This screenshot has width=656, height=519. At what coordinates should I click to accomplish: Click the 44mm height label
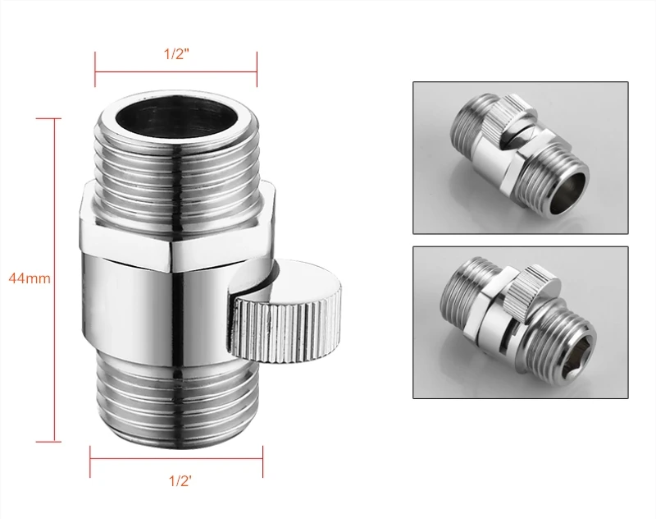point(30,278)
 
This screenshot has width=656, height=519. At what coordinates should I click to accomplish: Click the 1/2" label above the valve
point(176,54)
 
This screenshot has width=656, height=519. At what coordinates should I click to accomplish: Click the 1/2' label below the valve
point(180,481)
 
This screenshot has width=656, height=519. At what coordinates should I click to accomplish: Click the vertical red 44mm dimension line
point(54,280)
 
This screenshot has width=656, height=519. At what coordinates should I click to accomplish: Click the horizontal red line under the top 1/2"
point(176,72)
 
